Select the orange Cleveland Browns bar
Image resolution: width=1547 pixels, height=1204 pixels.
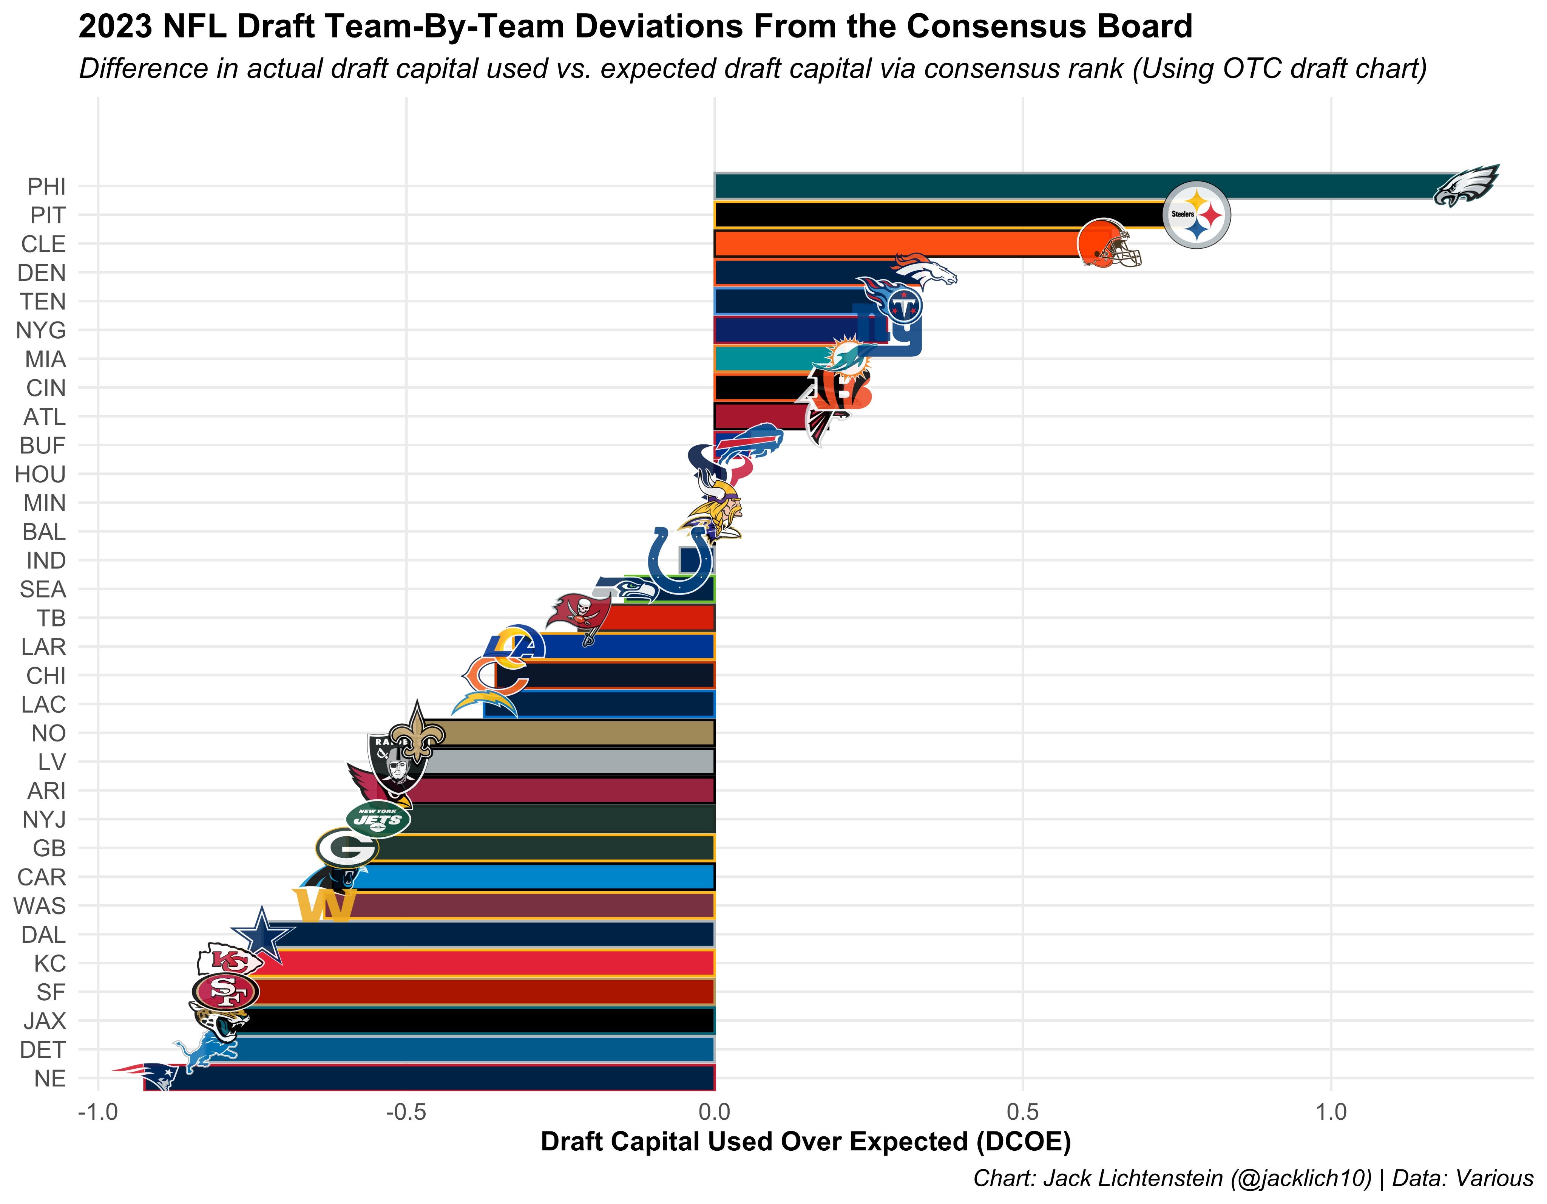(892, 244)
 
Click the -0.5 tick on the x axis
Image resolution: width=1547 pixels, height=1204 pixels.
(406, 1111)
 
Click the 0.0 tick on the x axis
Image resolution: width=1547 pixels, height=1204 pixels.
(715, 1111)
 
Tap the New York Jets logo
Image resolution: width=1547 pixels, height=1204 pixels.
(378, 820)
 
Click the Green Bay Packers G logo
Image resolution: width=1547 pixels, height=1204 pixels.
(346, 848)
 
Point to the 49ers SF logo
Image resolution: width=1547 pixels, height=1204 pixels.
(225, 991)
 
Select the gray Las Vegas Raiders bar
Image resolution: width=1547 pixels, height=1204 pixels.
(567, 762)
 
